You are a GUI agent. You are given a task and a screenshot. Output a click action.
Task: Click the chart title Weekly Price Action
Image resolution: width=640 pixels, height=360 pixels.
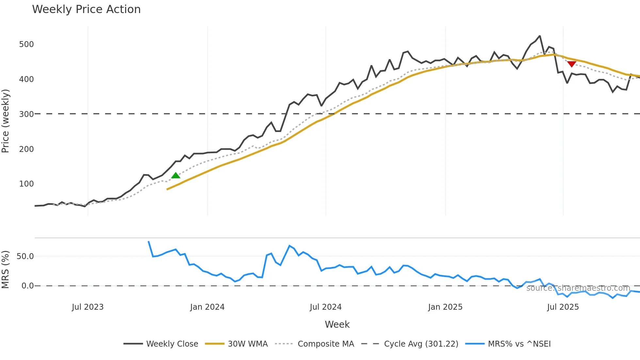click(x=86, y=9)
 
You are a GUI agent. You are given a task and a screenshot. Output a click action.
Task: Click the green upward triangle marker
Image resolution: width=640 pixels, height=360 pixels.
click(x=176, y=176)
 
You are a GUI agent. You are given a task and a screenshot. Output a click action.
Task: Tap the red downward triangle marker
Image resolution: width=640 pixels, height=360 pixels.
click(x=571, y=64)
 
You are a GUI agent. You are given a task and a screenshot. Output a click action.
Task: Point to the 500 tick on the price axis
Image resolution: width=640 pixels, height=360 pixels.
click(x=26, y=44)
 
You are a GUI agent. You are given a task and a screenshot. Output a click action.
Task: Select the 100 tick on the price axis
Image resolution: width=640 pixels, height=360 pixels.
click(x=26, y=184)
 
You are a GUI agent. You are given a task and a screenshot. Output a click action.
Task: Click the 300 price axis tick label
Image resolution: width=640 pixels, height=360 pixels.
click(x=26, y=114)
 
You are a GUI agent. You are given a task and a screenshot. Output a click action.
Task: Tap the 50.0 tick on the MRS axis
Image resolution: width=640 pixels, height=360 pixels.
click(x=25, y=256)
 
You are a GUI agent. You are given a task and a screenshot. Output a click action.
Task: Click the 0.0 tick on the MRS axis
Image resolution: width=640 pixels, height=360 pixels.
click(x=27, y=286)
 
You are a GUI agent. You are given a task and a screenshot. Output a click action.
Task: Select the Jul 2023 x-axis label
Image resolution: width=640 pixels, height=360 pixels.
click(x=88, y=307)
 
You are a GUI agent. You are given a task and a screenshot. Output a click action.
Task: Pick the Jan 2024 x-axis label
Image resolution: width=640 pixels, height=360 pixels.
click(x=207, y=307)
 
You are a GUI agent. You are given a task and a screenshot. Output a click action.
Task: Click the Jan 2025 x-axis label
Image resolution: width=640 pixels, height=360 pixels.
click(x=445, y=307)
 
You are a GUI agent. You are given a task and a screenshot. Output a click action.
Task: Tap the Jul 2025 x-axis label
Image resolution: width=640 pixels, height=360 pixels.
click(x=563, y=307)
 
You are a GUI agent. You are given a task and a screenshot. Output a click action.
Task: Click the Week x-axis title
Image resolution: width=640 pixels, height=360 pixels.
click(x=337, y=324)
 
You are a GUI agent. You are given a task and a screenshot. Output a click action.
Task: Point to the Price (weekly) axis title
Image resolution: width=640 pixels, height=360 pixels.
click(x=6, y=121)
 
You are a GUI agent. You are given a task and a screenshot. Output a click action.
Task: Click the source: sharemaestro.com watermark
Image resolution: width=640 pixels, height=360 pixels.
click(x=578, y=288)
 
